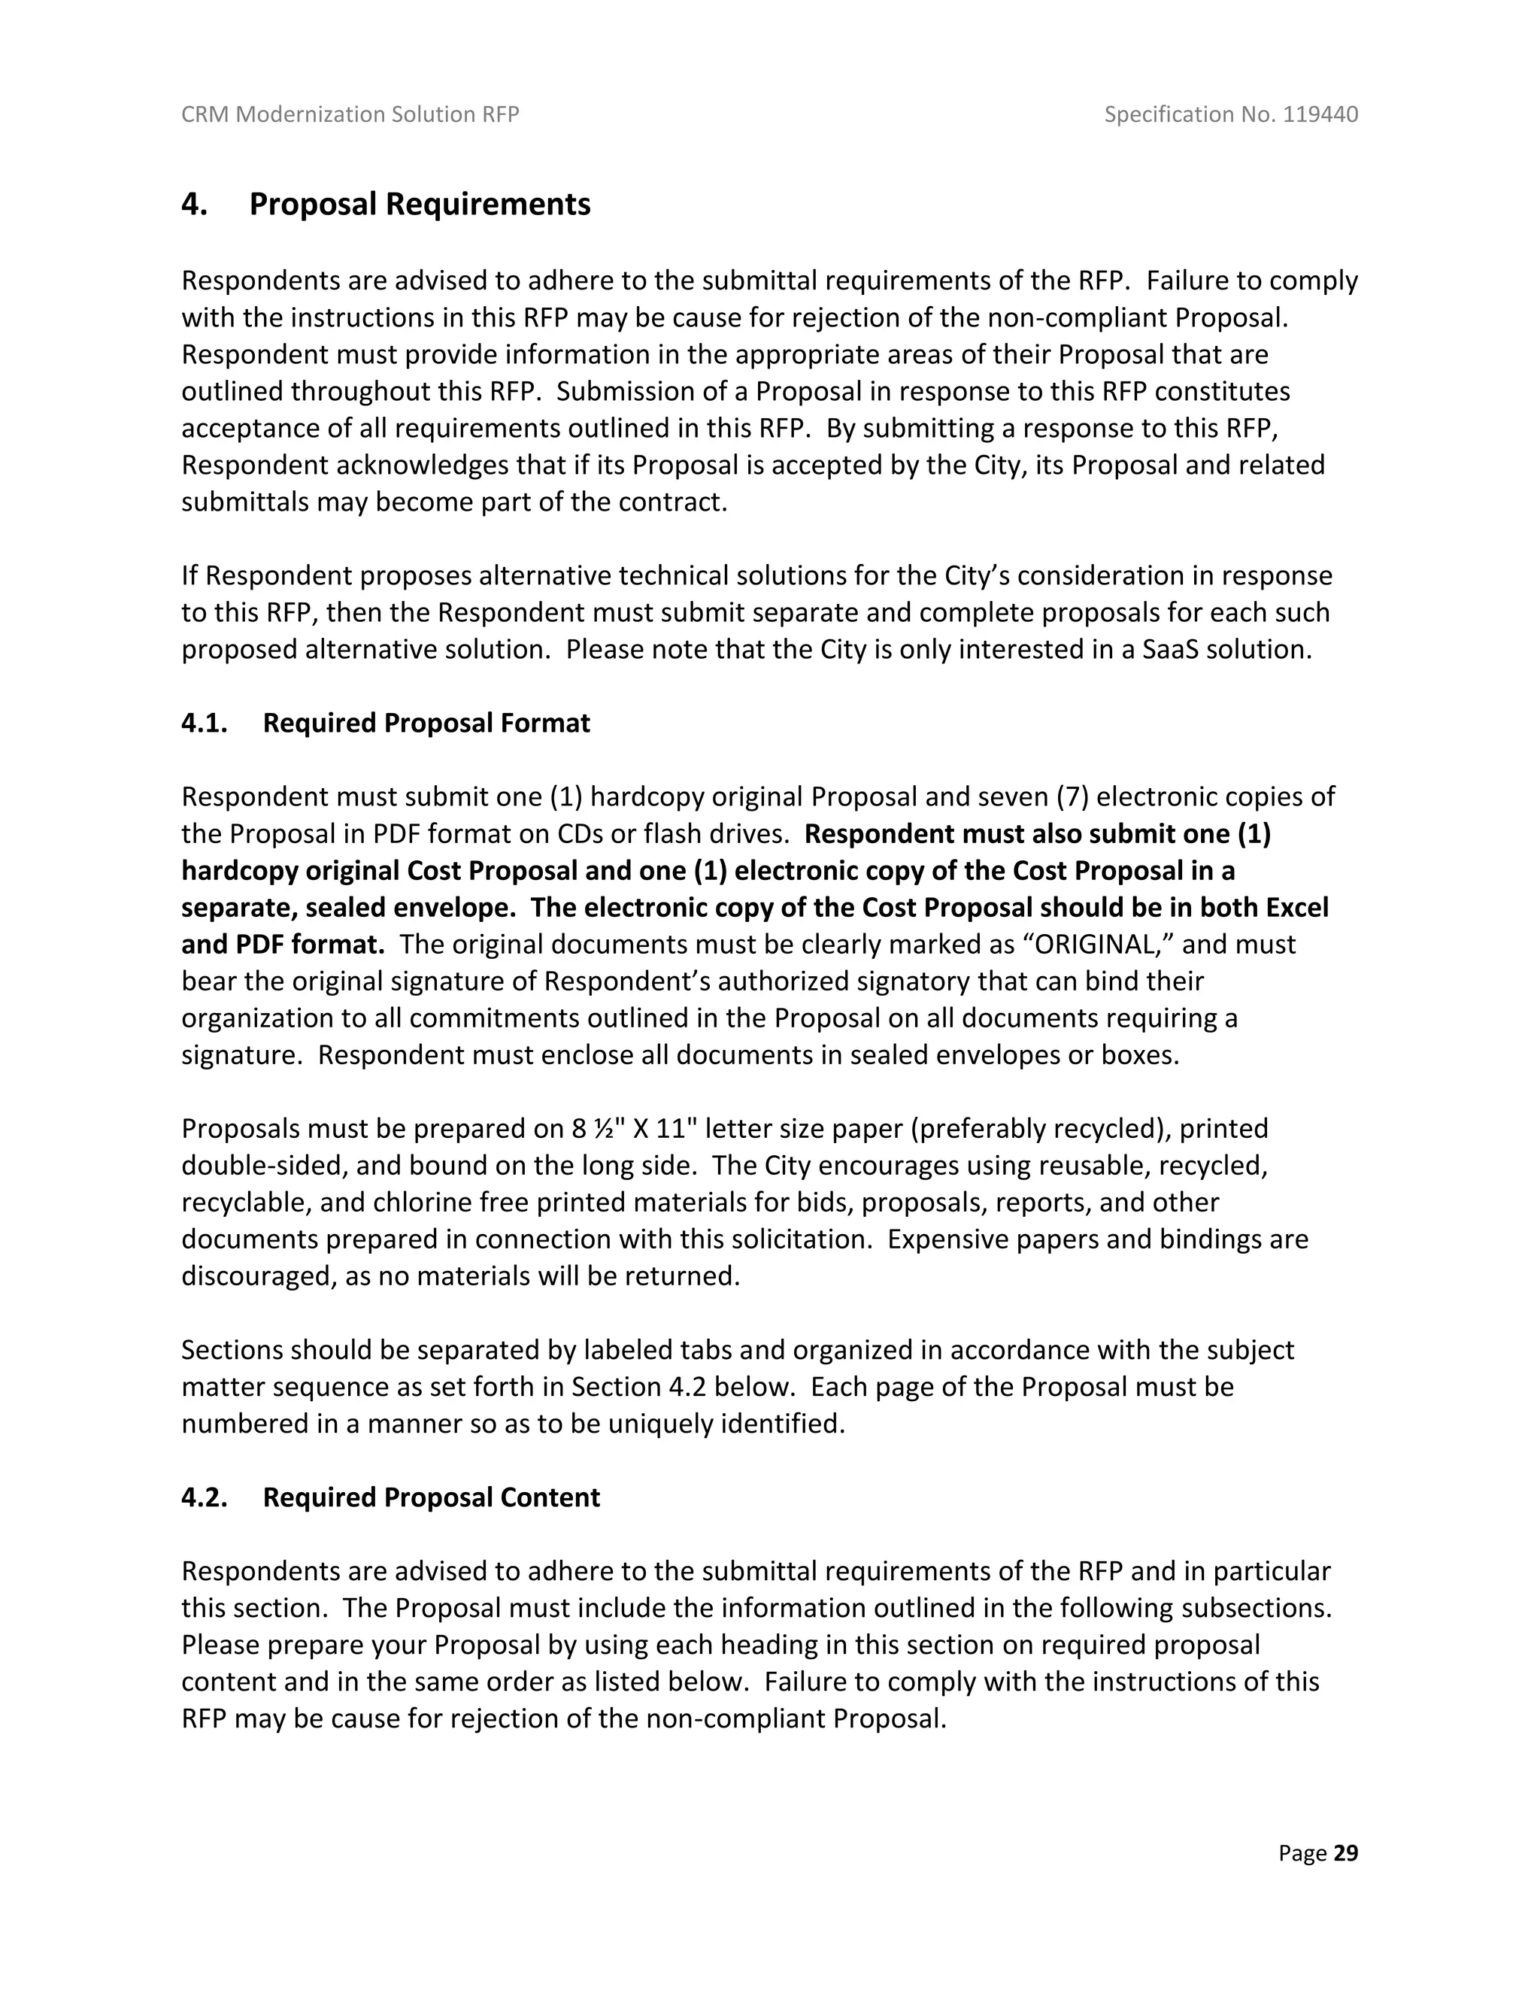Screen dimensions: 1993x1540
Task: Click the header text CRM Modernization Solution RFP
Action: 350,114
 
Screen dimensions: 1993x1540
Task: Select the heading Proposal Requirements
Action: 420,204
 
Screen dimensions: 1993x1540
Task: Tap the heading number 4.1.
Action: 205,723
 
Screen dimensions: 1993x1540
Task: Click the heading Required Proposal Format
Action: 426,723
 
